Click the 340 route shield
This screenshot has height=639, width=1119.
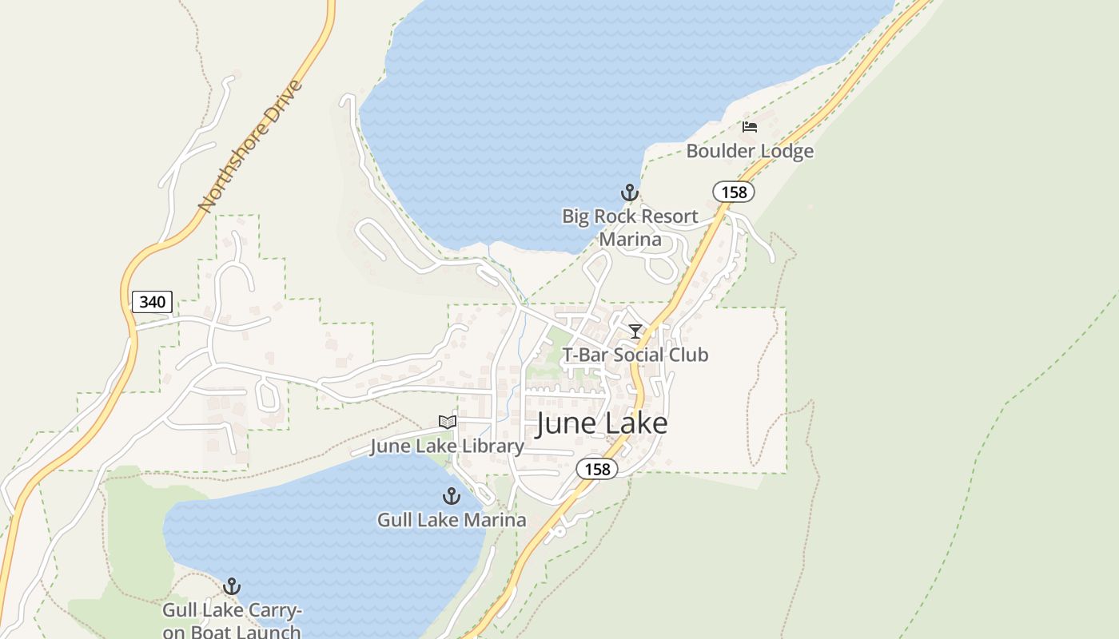pos(152,301)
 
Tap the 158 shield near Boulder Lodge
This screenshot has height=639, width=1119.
pos(733,192)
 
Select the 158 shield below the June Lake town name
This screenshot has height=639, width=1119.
pos(597,469)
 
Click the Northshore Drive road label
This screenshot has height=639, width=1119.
pos(251,146)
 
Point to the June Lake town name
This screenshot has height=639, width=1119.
pos(601,423)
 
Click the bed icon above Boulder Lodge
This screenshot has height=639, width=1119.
pos(749,127)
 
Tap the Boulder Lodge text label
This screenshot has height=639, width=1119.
pos(750,151)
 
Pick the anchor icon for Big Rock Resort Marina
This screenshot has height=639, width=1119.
pos(630,192)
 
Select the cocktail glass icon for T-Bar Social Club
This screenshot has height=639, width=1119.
pos(635,331)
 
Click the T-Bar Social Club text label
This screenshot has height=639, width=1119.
pos(635,355)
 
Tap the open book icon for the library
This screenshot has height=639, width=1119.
pos(447,422)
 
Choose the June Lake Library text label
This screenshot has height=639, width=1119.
pos(446,446)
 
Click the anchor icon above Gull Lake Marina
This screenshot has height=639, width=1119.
pos(452,496)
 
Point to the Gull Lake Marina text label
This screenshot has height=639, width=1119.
pos(452,520)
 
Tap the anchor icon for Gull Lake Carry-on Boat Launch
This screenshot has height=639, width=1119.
pos(232,587)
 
